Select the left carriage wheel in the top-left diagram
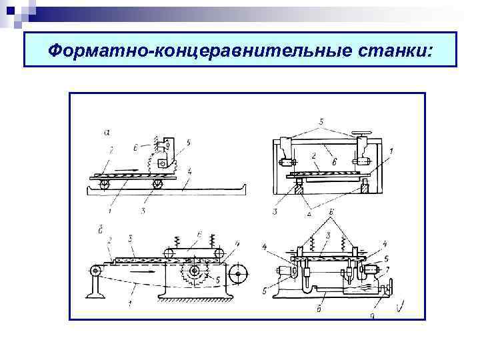click(105, 185)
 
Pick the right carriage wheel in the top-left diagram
click(157, 185)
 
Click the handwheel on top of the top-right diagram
click(364, 133)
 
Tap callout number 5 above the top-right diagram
click(321, 121)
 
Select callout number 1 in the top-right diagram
click(391, 152)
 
